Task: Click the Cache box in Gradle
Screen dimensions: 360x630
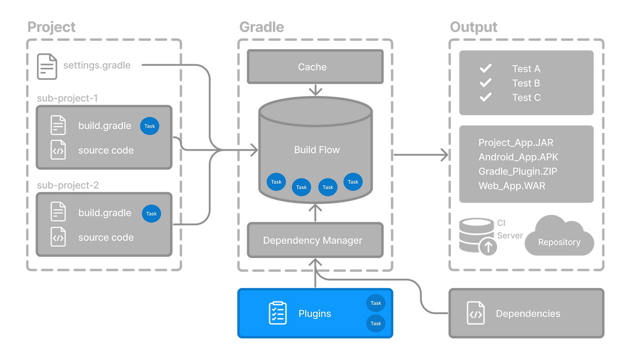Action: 315,67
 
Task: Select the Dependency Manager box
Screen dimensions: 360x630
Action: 315,240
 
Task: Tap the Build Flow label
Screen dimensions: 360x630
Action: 317,150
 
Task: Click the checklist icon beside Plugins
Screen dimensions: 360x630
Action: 278,313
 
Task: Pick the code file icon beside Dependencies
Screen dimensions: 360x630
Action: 475,314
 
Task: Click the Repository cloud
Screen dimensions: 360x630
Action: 559,238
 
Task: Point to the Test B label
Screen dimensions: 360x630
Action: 526,83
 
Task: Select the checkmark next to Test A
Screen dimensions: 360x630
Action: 486,68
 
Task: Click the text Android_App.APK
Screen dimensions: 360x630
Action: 518,157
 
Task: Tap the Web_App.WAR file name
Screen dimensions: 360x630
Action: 512,186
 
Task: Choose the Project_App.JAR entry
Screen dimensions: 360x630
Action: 516,143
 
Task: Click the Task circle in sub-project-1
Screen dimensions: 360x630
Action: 150,126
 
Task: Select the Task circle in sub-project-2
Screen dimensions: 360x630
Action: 152,213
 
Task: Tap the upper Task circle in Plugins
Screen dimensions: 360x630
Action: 376,303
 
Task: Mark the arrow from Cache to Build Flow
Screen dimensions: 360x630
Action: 315,90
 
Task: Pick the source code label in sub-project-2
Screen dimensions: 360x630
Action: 106,237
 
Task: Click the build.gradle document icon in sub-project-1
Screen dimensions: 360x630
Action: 58,126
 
